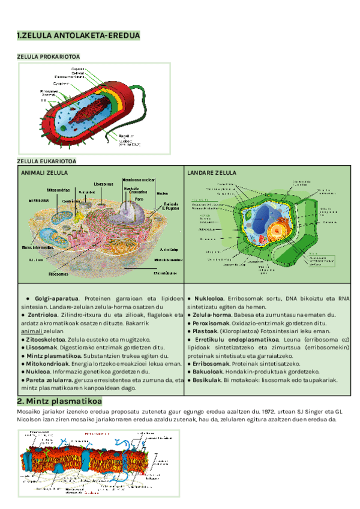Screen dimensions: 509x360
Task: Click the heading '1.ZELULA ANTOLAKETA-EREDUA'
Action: pos(79,37)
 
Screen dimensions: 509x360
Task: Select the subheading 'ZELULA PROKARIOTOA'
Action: pos(48,56)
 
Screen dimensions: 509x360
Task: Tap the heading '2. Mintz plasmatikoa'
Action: pos(59,401)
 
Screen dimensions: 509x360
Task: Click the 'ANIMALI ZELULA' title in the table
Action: pos(44,173)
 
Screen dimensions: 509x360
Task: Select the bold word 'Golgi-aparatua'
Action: pos(57,298)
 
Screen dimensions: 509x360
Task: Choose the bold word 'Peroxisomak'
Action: pos(209,323)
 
